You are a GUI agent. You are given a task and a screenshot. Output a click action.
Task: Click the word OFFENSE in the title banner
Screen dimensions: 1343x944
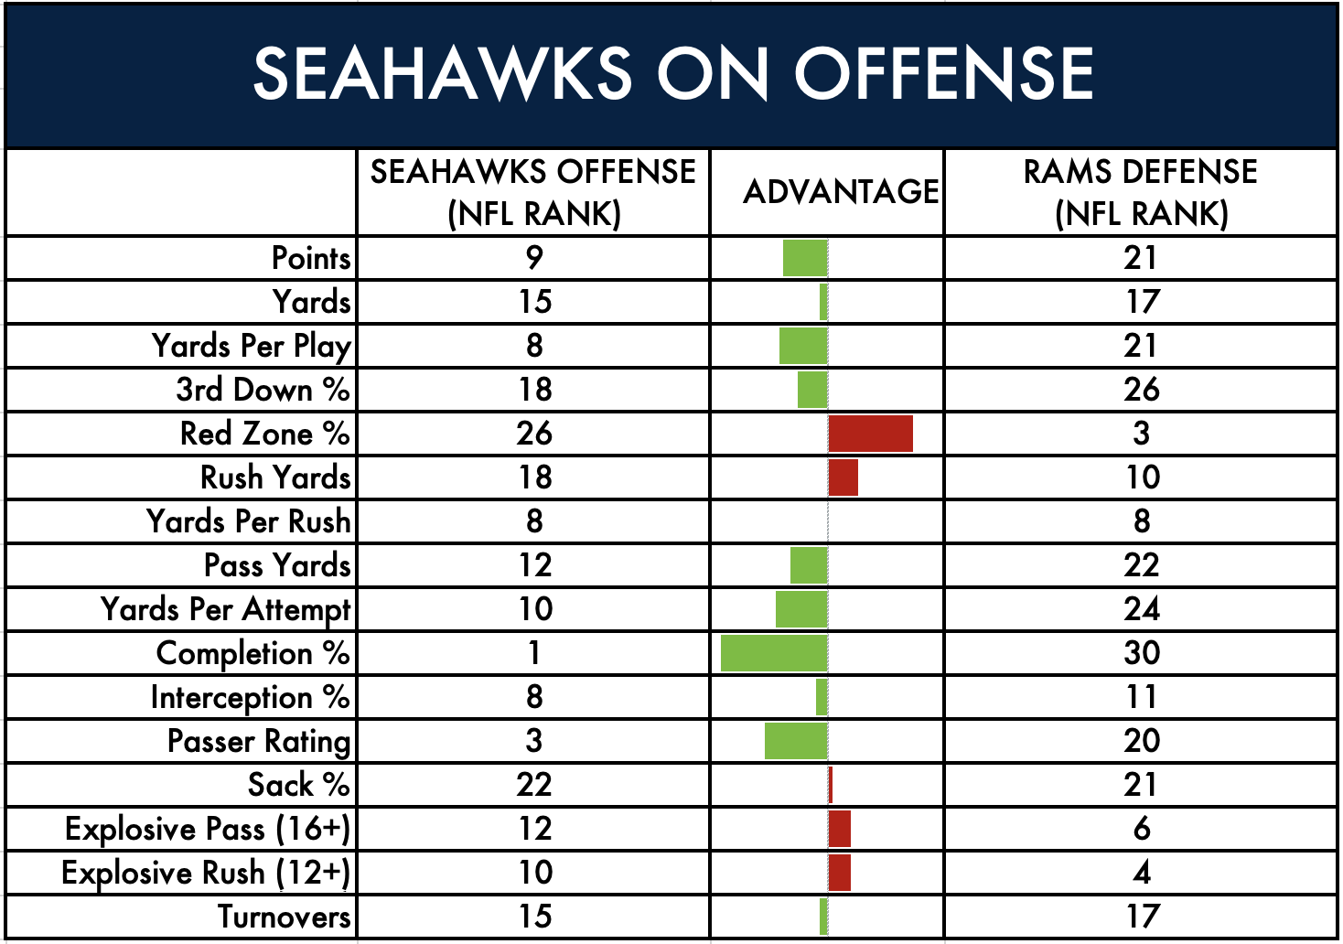click(x=944, y=74)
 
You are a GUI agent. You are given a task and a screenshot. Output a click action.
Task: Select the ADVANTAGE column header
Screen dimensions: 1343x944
click(x=841, y=192)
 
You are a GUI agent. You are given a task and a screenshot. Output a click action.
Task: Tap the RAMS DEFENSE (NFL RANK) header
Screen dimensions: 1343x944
click(x=1141, y=192)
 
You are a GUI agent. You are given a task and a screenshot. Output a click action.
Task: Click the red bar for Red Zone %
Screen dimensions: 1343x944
click(x=871, y=434)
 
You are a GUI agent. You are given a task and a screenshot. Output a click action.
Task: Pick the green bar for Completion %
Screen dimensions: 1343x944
click(x=774, y=653)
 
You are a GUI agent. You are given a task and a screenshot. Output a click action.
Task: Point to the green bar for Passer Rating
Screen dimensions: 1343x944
click(x=796, y=741)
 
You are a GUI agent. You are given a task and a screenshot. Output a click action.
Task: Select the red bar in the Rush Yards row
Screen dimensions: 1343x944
click(x=843, y=477)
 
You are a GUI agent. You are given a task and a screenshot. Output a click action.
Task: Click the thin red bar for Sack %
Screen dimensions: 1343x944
click(x=831, y=785)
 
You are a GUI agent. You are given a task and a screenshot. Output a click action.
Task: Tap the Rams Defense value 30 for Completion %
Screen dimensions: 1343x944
click(x=1142, y=653)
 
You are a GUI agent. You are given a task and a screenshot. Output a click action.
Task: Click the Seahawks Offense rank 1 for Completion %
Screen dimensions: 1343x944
click(x=534, y=653)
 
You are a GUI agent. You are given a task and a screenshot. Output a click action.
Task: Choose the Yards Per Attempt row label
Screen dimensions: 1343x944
click(x=225, y=610)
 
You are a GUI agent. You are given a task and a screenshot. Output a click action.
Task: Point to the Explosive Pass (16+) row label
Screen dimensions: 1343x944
click(x=208, y=830)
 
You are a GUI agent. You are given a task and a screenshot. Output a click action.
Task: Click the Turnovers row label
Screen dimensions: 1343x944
click(x=285, y=917)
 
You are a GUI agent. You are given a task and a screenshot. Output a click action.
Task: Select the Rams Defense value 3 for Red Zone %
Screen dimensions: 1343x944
click(x=1142, y=434)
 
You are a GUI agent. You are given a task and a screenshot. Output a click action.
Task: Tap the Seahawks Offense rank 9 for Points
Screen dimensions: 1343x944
click(x=534, y=258)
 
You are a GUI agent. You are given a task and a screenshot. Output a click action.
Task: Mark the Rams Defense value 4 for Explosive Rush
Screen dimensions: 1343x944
click(x=1142, y=873)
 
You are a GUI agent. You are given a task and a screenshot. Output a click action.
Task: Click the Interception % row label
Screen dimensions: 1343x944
click(x=250, y=698)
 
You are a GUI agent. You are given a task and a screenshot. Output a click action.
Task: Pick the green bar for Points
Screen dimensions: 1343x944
click(x=805, y=258)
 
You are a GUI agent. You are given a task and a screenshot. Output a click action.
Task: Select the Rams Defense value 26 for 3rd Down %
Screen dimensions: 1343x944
click(x=1142, y=390)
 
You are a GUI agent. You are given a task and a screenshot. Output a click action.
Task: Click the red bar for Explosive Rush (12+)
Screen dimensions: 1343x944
click(x=840, y=873)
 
